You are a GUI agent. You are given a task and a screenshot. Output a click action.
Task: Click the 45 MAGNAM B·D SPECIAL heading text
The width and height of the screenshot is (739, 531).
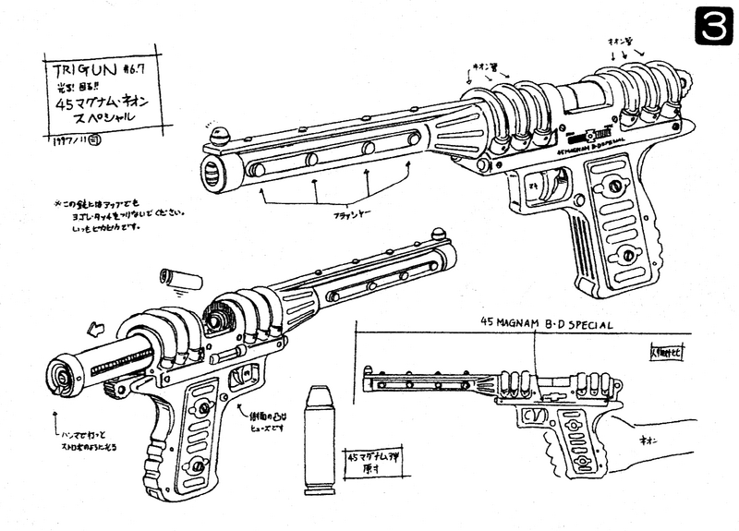[x=546, y=322]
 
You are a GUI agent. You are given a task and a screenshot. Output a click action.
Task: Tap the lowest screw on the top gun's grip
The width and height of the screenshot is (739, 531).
[x=629, y=255]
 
